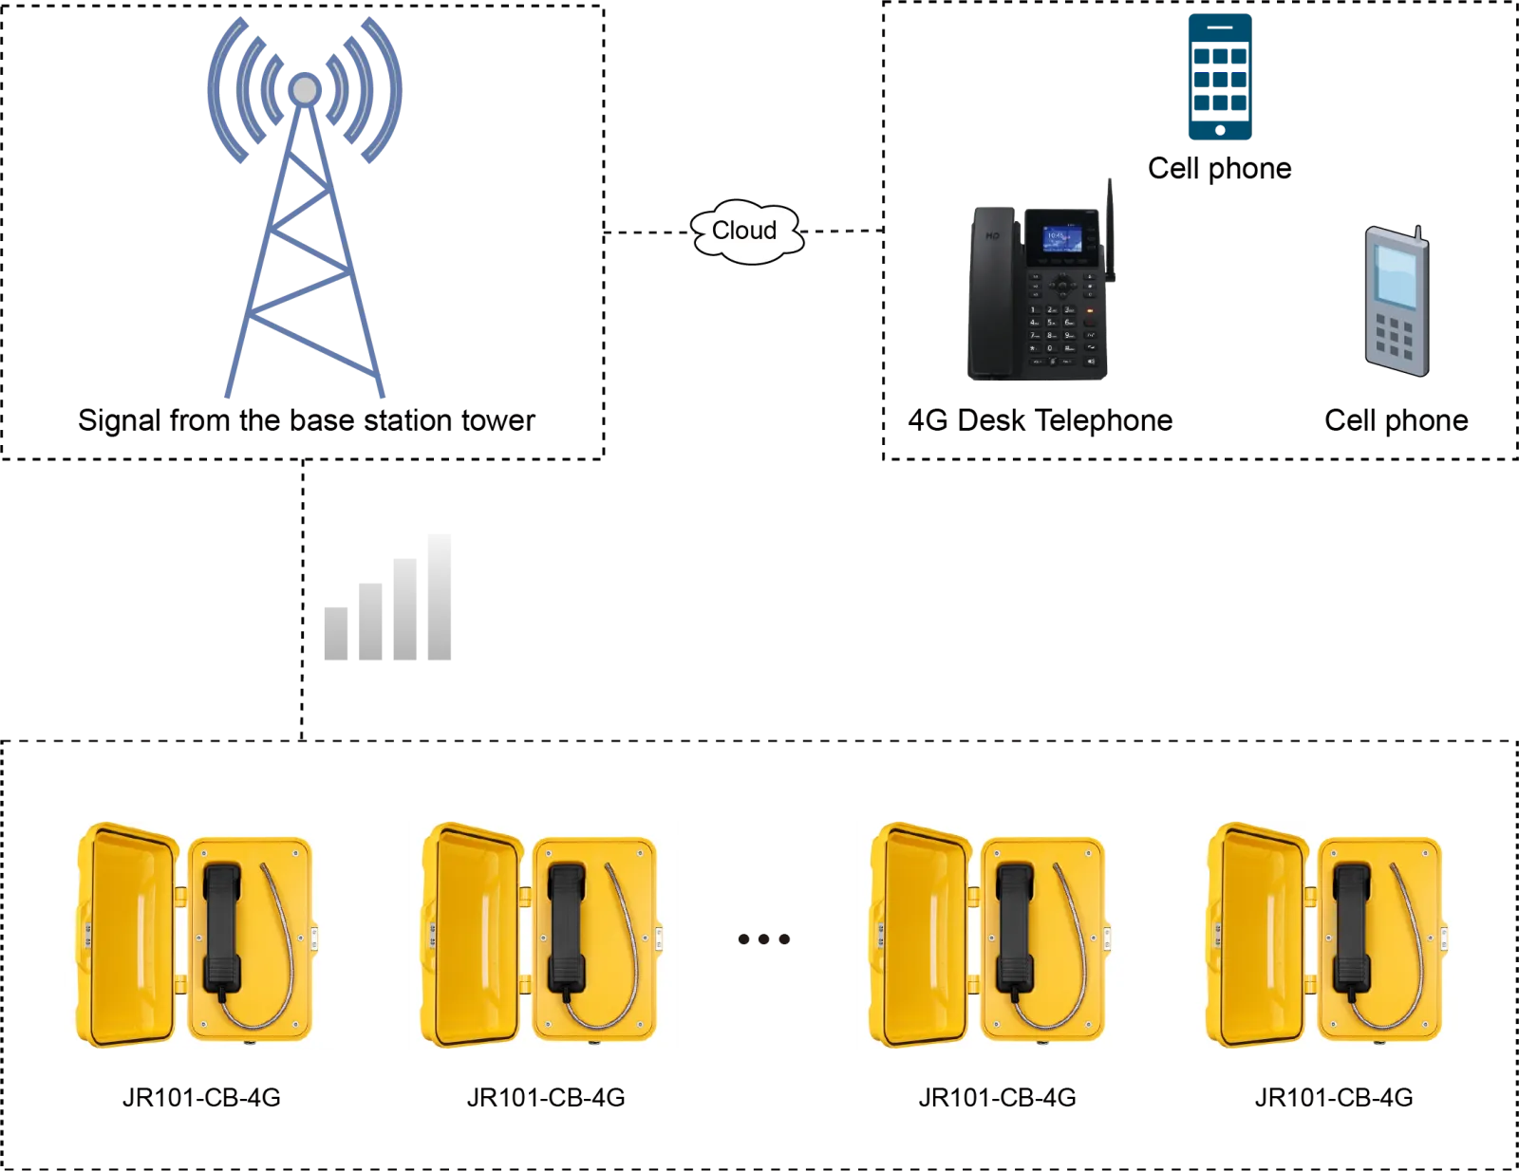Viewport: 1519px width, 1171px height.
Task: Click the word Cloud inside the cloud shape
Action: [x=744, y=231]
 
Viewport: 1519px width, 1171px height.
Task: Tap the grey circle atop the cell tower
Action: [x=305, y=89]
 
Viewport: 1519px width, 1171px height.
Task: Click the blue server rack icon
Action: [x=1219, y=76]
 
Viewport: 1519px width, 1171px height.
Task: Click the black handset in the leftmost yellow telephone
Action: [x=221, y=925]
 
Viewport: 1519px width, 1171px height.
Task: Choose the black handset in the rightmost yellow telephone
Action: [x=1352, y=925]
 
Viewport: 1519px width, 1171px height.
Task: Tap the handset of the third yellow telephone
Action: [x=1014, y=925]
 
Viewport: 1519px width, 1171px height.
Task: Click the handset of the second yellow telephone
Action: [x=567, y=925]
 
